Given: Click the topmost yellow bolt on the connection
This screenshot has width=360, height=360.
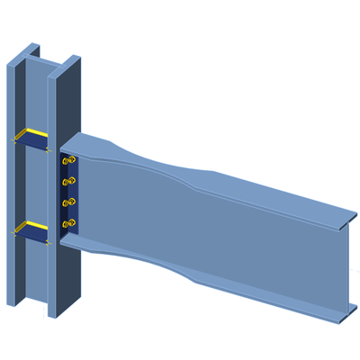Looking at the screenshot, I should click(67, 162).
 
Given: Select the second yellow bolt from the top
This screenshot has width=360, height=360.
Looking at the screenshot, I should click(67, 182).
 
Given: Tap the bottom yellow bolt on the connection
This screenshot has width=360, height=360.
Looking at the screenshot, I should click(67, 222).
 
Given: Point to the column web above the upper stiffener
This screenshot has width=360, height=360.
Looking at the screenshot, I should click(40, 94).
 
